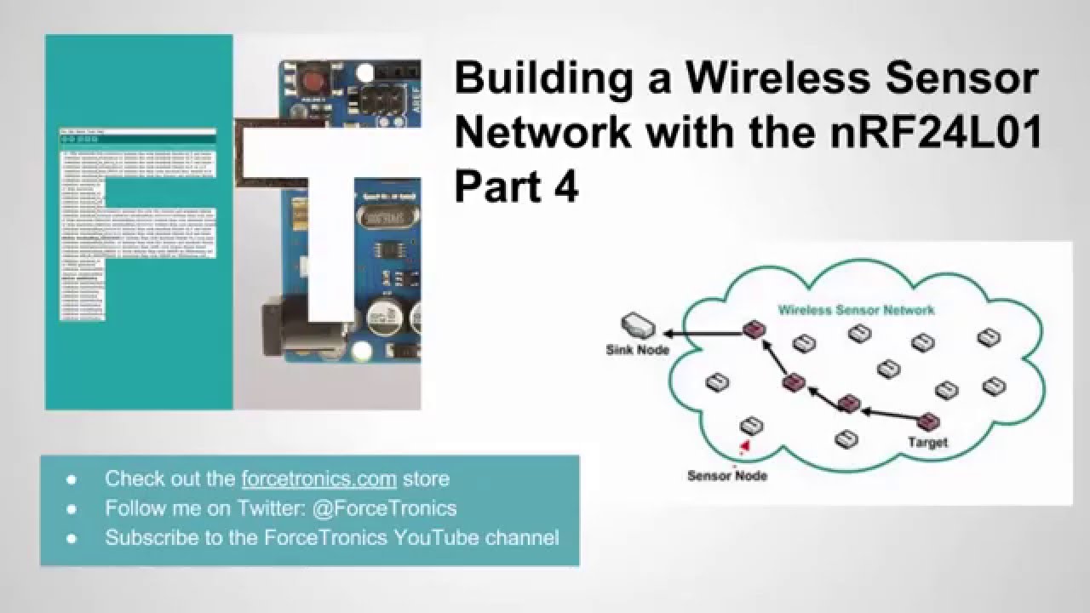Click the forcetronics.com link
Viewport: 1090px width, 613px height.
click(319, 478)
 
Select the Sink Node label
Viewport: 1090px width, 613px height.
click(637, 349)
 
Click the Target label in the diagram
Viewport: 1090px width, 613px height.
click(927, 443)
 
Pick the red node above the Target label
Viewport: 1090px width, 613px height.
click(928, 421)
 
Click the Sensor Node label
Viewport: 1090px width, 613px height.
click(726, 475)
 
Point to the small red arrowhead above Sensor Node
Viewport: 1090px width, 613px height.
click(745, 444)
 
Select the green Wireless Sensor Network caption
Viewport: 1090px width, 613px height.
click(856, 310)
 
